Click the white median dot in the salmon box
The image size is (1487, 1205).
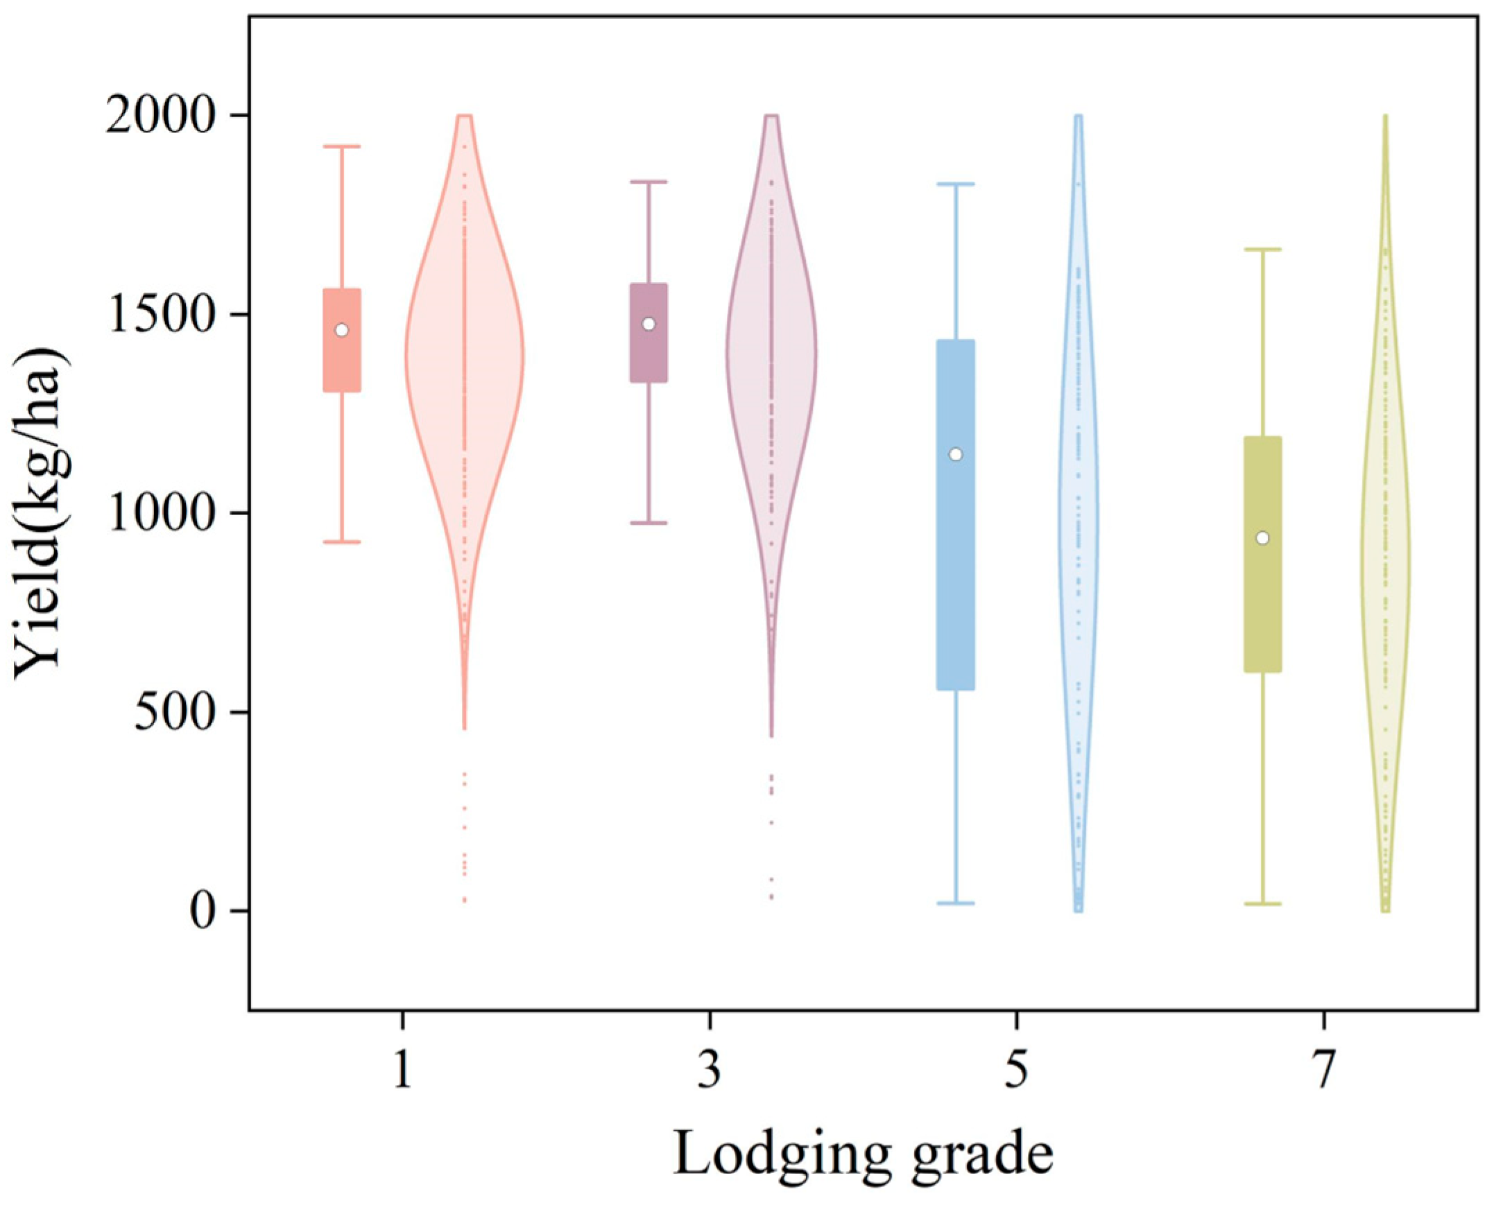pos(341,330)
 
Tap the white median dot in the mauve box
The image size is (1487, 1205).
pos(648,324)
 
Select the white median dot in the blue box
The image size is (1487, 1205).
pos(956,455)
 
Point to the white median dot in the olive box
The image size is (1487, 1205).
pos(1263,538)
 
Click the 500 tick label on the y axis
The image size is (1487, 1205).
pos(182,712)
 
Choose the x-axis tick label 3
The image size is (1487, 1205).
pos(710,1072)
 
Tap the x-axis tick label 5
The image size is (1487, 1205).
pos(1017,1072)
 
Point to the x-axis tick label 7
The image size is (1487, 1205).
pos(1324,1072)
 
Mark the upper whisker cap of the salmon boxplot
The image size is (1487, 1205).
pos(341,146)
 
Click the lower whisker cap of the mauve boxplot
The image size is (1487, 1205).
pos(648,523)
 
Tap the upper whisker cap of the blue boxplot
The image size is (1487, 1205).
pos(956,184)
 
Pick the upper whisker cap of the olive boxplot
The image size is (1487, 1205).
pos(1263,249)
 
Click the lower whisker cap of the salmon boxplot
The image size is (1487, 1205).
pos(341,541)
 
